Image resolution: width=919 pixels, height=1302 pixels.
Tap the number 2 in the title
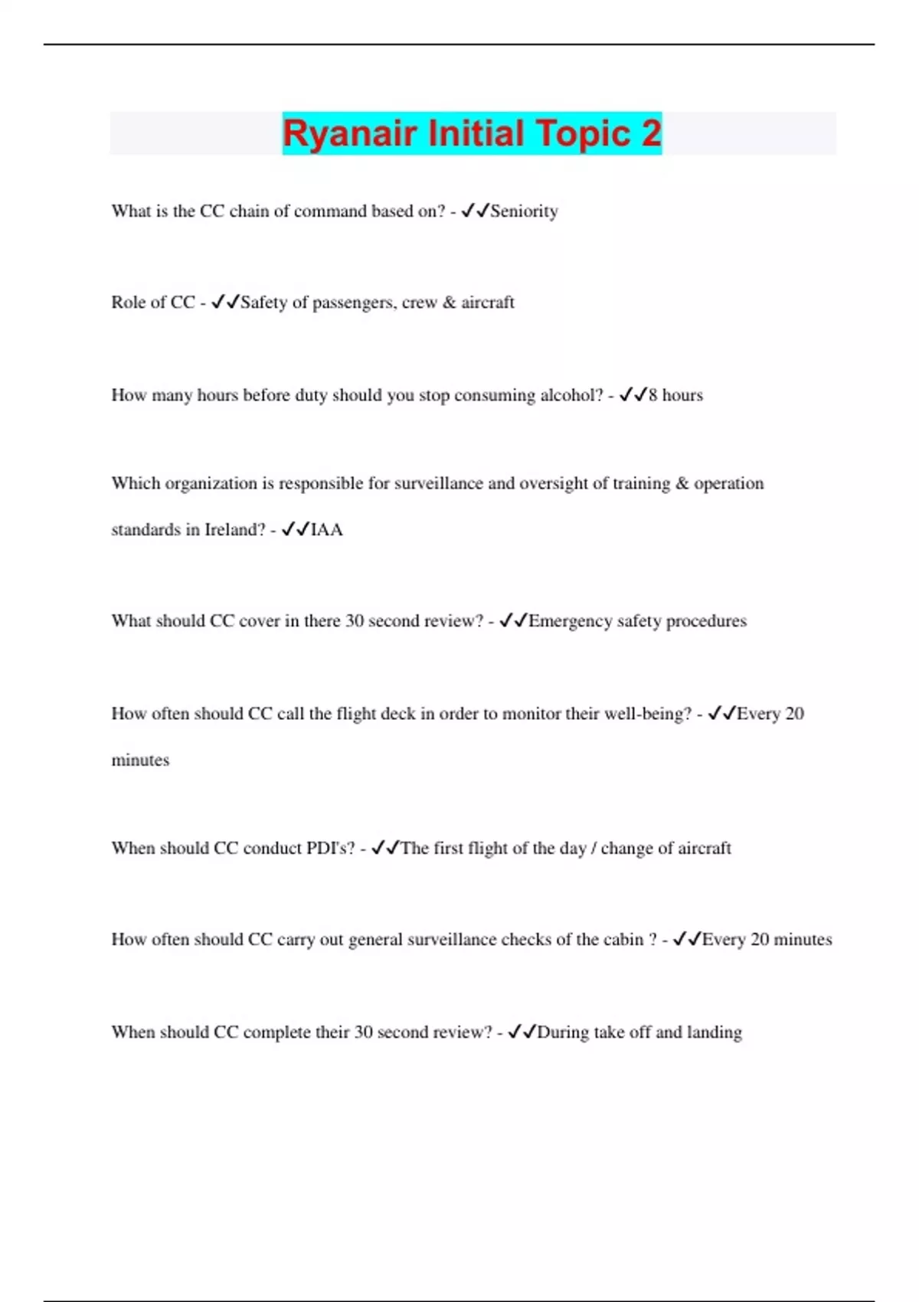click(651, 133)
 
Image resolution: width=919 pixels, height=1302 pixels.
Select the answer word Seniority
click(524, 211)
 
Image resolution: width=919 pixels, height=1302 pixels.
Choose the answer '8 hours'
click(675, 395)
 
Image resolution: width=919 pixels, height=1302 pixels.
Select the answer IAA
click(327, 530)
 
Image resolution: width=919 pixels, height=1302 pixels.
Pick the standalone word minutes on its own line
click(140, 761)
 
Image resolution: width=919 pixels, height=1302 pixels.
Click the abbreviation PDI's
click(331, 849)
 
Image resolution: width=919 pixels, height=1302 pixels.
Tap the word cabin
click(623, 940)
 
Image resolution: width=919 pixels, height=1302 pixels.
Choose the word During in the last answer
click(563, 1032)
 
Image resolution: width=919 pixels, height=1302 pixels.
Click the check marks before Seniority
click(475, 211)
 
